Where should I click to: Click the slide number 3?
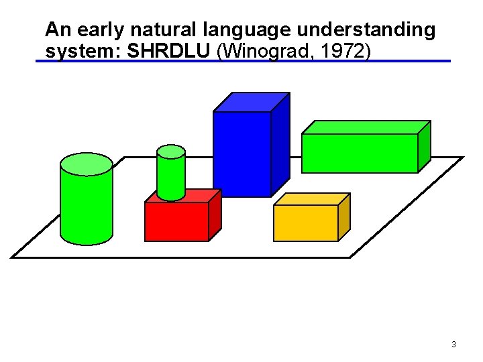click(453, 345)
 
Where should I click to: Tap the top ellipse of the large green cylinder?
click(87, 164)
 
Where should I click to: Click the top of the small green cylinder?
click(170, 152)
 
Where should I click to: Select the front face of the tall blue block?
click(241, 154)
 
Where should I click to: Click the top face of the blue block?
click(252, 101)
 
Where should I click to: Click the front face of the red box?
click(176, 222)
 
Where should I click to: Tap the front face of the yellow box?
click(305, 223)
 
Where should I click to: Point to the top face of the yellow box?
click(313, 199)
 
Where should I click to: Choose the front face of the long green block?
click(360, 153)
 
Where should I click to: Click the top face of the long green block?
click(366, 127)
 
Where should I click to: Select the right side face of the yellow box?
click(343, 217)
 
